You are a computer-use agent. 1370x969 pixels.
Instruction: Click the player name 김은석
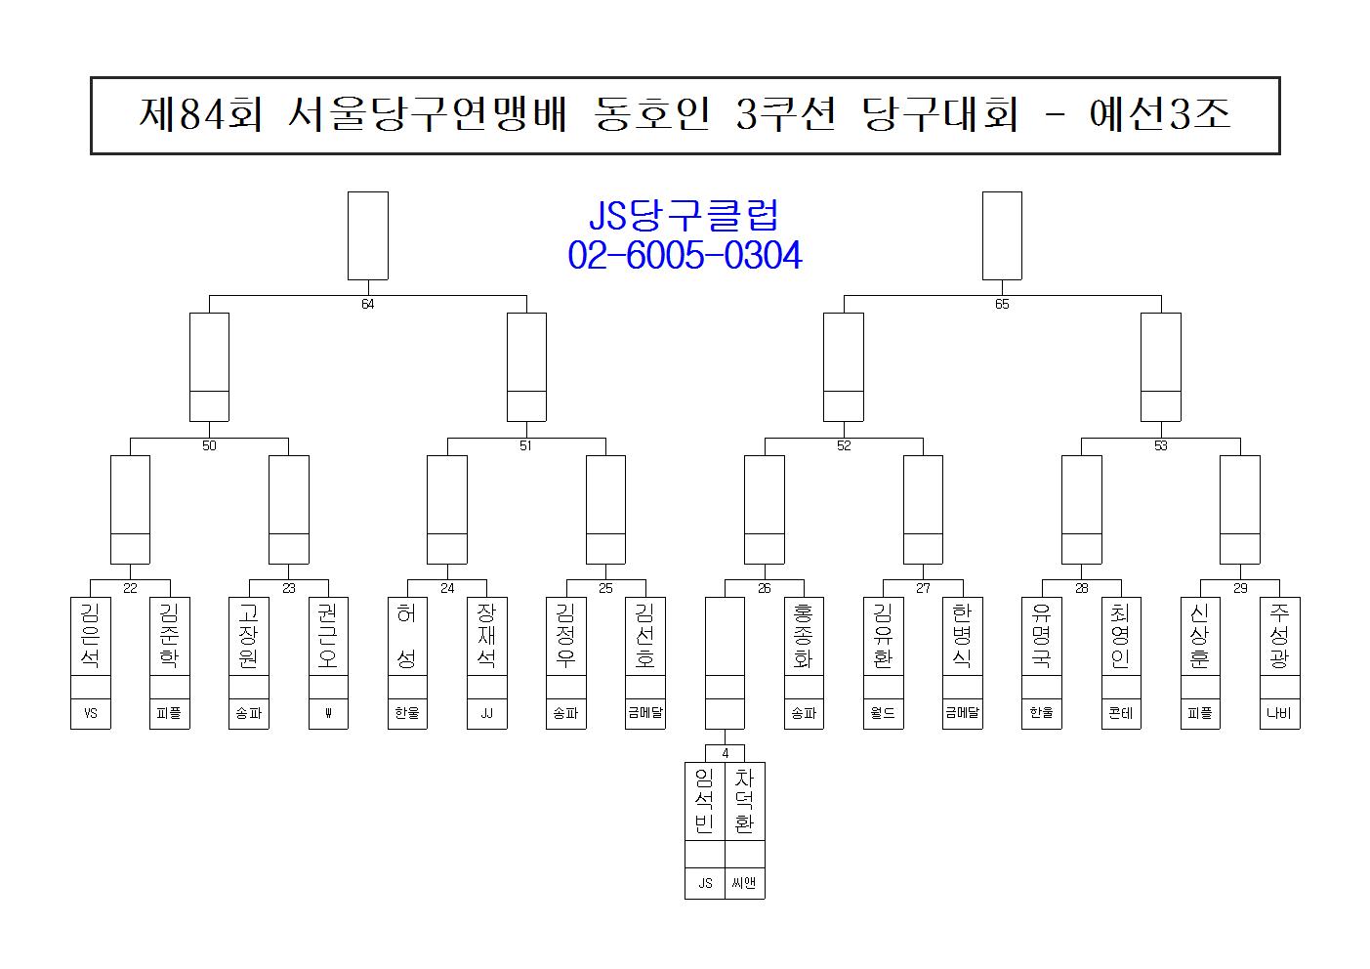point(91,635)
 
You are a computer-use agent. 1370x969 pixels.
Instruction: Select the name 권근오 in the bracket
point(328,635)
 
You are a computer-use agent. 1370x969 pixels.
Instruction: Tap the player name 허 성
point(407,635)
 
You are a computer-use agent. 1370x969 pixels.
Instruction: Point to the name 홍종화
point(804,635)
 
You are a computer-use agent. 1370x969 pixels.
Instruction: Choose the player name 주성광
point(1279,635)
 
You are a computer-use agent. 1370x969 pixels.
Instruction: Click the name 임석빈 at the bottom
point(704,801)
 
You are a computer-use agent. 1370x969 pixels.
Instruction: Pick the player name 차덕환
point(744,801)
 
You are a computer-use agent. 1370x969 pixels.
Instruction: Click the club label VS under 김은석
point(91,713)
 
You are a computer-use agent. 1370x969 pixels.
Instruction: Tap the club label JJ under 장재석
point(486,713)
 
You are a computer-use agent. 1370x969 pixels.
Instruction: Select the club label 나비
point(1279,713)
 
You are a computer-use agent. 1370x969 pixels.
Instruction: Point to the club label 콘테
point(1121,713)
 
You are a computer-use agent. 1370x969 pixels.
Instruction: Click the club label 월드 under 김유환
point(883,713)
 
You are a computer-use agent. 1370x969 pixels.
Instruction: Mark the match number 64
point(367,304)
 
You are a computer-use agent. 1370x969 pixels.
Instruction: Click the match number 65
point(1002,304)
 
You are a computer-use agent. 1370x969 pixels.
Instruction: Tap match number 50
point(209,445)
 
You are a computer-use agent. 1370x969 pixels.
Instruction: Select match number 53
point(1160,445)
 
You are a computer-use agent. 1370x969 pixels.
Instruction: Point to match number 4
point(725,753)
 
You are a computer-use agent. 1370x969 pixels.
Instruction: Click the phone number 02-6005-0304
point(685,256)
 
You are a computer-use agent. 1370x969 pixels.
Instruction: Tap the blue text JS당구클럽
point(685,215)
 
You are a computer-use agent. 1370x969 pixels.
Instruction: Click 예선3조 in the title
point(1159,115)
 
